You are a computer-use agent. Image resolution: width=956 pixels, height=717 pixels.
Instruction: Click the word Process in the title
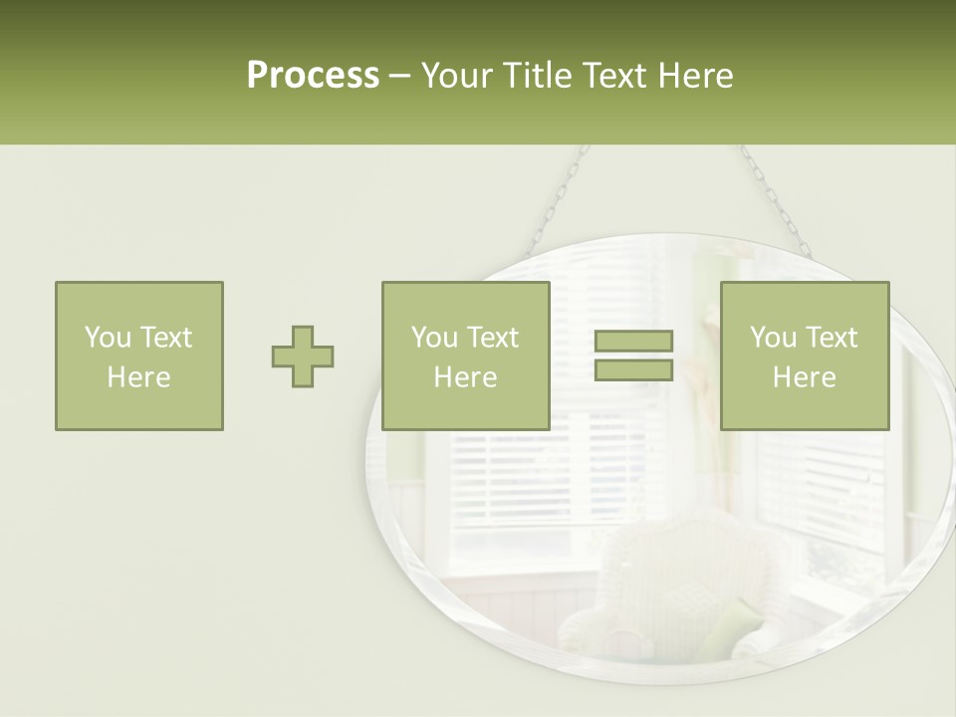(x=313, y=76)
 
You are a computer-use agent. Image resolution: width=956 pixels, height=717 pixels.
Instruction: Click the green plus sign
(x=303, y=357)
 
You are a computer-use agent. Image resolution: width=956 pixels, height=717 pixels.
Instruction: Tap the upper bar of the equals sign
(x=633, y=342)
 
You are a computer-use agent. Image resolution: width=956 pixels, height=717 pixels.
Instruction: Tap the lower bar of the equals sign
(x=633, y=370)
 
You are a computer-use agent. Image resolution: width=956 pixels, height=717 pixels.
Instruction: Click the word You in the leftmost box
(x=106, y=338)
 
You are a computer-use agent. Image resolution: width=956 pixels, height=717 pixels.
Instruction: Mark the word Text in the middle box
(x=493, y=338)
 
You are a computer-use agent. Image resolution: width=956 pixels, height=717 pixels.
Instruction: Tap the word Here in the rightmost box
(x=804, y=377)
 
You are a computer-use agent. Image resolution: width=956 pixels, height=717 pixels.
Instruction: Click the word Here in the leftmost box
(x=138, y=377)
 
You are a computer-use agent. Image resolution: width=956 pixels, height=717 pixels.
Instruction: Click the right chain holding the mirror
(x=773, y=199)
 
